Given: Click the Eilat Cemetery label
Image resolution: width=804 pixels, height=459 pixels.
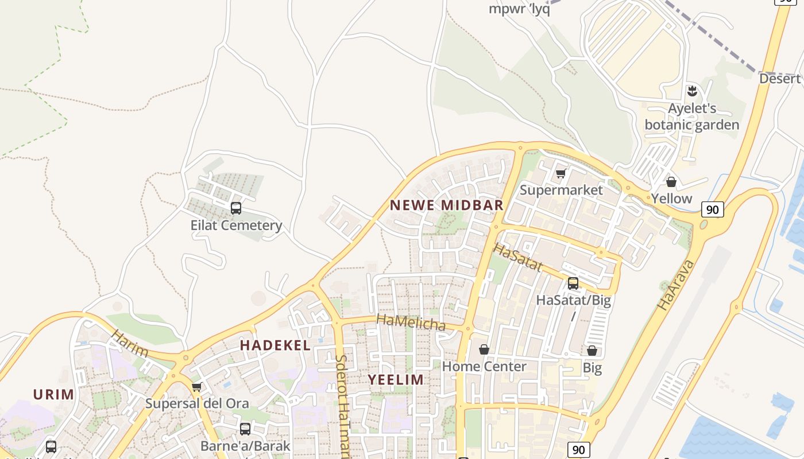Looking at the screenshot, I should tap(236, 225).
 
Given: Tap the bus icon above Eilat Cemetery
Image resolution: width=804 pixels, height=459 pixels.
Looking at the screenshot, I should tap(235, 208).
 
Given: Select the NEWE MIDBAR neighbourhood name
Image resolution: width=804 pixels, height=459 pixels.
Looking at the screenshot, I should tap(446, 205).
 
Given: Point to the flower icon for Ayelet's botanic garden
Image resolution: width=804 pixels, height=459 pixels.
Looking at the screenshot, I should tap(692, 91).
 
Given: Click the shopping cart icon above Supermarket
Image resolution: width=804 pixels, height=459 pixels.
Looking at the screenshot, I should tap(561, 173).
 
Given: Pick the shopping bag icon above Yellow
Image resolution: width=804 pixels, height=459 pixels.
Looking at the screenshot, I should tap(671, 182).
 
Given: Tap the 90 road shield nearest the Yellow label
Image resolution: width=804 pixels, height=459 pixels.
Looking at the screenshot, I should tap(712, 209).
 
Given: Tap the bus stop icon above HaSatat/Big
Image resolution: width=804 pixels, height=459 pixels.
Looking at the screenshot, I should tap(573, 283).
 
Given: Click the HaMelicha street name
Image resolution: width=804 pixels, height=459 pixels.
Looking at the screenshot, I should tap(411, 322).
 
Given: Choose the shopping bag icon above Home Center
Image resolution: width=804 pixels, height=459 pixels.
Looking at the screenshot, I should tap(484, 349).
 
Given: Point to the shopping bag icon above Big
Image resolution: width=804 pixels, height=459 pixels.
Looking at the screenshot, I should tap(592, 351).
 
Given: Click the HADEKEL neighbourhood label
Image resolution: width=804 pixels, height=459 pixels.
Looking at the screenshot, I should tap(275, 345).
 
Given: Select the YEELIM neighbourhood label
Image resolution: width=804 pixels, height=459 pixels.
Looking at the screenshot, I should tap(396, 379).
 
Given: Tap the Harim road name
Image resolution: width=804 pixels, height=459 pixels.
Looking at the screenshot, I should tap(130, 344).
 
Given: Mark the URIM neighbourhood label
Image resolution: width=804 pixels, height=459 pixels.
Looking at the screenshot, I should tap(53, 394).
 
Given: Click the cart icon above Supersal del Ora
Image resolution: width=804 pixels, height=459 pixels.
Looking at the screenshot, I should tap(196, 387).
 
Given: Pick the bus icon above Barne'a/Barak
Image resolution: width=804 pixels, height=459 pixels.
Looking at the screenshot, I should tap(245, 429).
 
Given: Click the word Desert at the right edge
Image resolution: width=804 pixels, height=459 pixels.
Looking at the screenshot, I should tap(780, 79).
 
